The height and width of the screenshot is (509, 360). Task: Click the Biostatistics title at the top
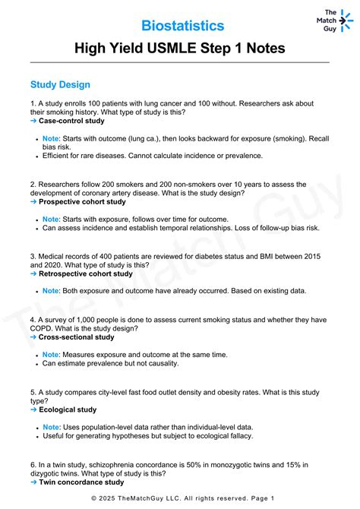click(183, 26)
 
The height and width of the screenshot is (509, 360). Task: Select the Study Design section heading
click(60, 84)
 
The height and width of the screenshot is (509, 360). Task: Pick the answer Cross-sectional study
click(76, 337)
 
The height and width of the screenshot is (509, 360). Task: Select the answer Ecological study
click(68, 409)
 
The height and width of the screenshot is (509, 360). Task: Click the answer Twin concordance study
click(81, 482)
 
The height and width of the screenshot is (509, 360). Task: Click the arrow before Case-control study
click(33, 121)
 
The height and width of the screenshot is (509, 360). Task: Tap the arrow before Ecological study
click(33, 409)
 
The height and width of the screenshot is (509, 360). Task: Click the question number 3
click(33, 257)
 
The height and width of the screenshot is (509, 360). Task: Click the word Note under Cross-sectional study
click(51, 354)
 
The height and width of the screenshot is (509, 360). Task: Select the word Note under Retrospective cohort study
click(51, 291)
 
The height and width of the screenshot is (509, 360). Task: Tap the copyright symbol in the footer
click(94, 498)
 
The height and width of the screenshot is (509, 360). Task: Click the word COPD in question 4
click(44, 328)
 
